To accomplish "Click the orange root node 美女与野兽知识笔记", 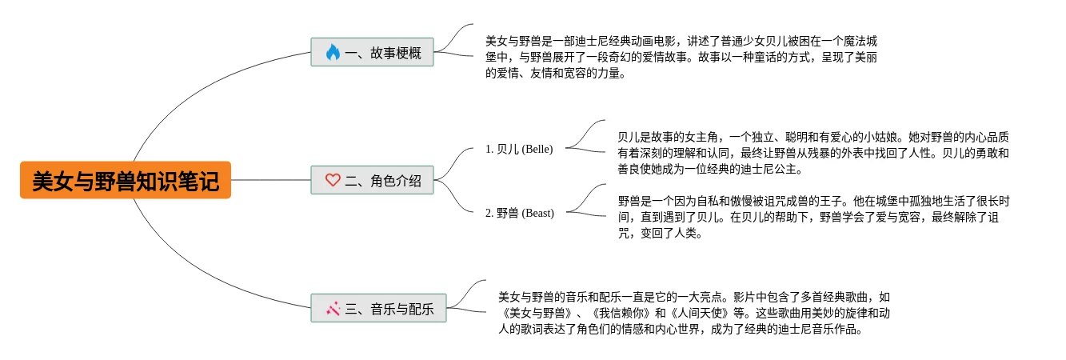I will click(x=126, y=181).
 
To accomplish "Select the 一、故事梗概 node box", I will click(x=372, y=53).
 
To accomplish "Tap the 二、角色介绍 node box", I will click(x=372, y=180).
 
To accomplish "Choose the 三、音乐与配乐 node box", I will click(x=378, y=308).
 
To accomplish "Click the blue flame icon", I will click(x=333, y=53).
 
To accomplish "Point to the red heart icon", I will click(x=333, y=180).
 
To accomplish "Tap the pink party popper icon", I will click(x=333, y=308).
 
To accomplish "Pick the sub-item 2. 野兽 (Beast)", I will click(x=520, y=213).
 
